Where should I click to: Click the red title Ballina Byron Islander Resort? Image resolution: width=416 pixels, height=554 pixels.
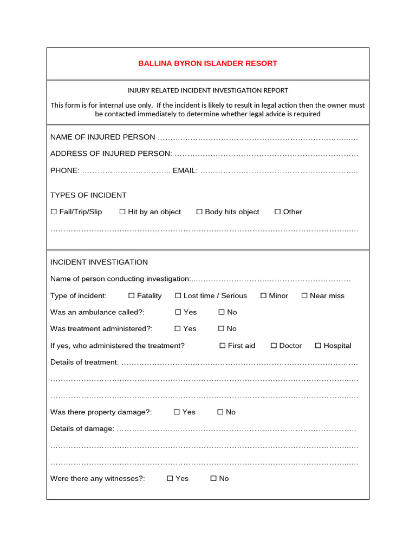click(x=207, y=63)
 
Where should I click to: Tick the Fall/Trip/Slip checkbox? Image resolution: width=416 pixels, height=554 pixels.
click(x=54, y=212)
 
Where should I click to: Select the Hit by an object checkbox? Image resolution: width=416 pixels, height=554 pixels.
click(x=122, y=212)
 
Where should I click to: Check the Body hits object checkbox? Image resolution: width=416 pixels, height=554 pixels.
click(x=199, y=212)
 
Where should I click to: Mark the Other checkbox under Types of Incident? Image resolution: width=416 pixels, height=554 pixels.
click(x=278, y=212)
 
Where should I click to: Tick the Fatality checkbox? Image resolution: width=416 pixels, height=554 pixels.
click(x=132, y=296)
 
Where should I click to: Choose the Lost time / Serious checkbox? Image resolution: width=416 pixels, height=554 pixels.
click(x=178, y=296)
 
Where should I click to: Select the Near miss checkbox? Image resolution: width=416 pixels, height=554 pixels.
click(x=304, y=296)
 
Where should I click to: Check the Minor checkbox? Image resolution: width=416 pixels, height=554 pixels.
click(x=264, y=296)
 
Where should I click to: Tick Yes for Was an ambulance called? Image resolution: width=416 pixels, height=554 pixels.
click(x=178, y=312)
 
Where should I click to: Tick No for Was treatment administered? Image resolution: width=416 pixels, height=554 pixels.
click(x=222, y=329)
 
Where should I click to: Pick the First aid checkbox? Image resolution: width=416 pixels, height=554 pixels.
click(x=223, y=346)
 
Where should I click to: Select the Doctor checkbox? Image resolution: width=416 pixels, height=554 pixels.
click(x=274, y=346)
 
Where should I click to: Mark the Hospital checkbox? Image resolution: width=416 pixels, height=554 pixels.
click(x=318, y=346)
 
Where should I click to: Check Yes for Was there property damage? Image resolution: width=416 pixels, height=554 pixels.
click(x=177, y=412)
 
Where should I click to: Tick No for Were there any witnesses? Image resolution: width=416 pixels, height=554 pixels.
click(x=213, y=479)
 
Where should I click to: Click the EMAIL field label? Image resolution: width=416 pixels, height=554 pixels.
click(x=185, y=170)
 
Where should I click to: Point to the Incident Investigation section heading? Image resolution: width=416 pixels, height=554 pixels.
click(x=99, y=262)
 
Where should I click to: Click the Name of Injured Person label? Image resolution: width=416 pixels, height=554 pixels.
click(x=102, y=137)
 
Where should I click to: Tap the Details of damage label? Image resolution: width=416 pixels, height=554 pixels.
click(x=82, y=429)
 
